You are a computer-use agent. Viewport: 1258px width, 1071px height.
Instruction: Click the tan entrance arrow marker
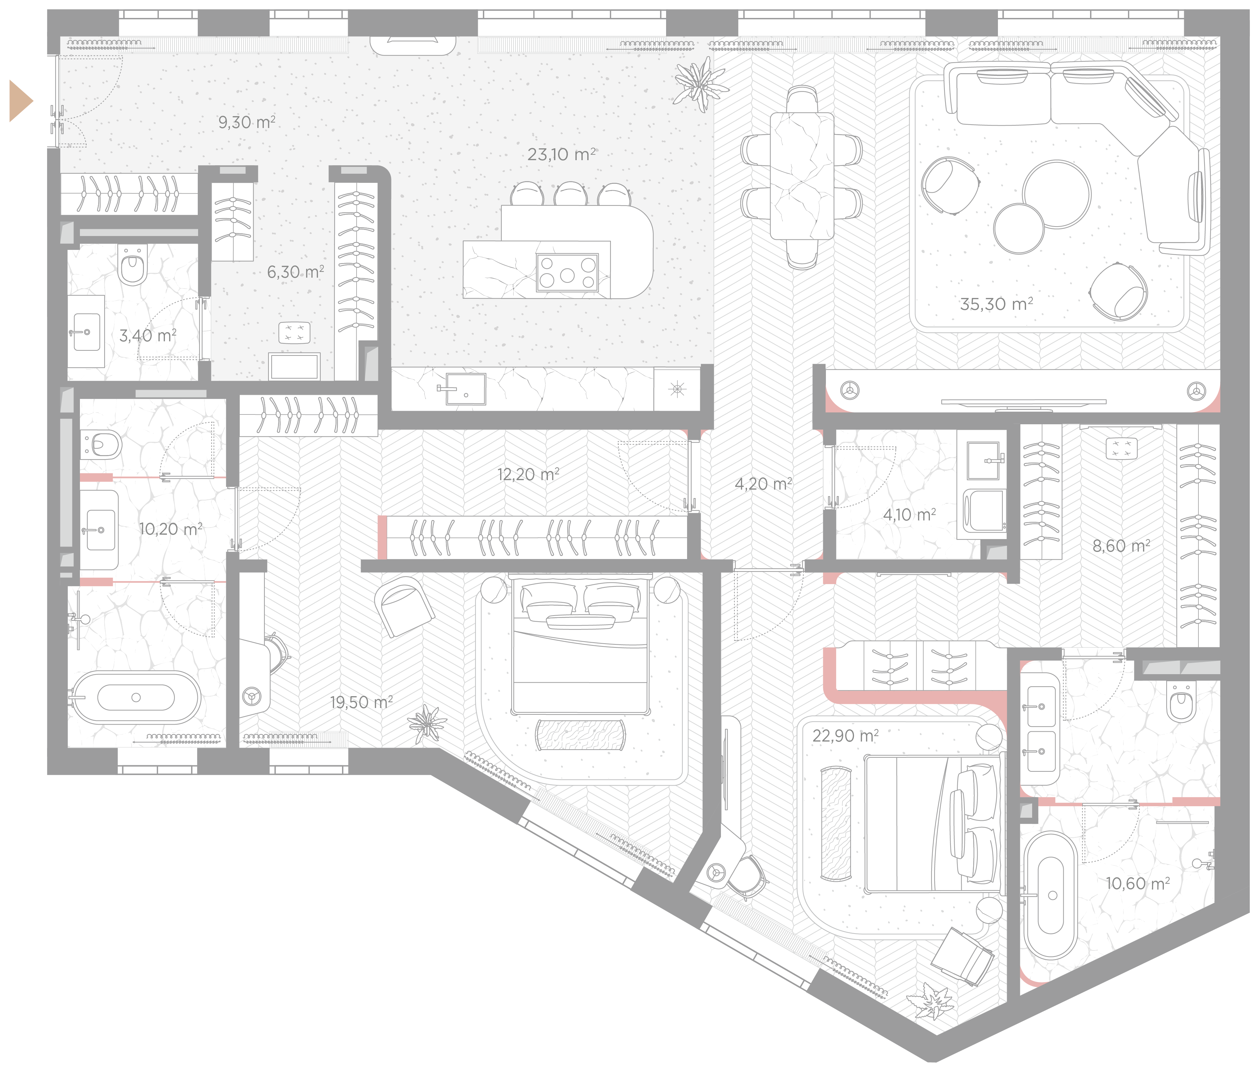pos(20,101)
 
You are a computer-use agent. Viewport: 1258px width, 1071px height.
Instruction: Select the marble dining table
pos(802,176)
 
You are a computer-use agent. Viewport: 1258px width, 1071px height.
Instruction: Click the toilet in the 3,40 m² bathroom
pos(132,265)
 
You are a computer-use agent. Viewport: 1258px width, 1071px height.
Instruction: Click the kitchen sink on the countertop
pos(465,389)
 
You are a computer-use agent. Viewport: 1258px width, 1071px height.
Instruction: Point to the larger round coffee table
pos(1057,194)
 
